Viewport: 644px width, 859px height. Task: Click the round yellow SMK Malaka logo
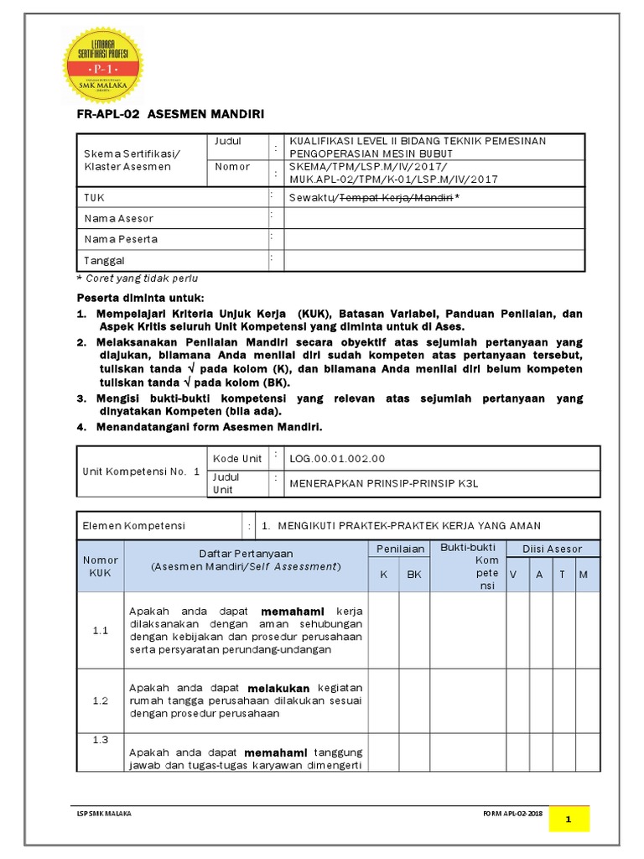coord(104,65)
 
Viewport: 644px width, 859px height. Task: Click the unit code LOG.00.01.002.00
coord(338,459)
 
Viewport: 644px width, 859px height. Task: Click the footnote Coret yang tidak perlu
coord(138,279)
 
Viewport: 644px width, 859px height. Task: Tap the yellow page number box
coord(569,819)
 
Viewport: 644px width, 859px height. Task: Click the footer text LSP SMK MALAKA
coord(104,814)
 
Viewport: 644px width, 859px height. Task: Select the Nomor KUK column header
coord(100,566)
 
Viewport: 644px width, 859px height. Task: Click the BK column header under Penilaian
coord(414,575)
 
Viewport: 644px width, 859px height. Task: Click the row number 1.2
coord(100,700)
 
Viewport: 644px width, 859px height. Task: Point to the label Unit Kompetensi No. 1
coord(142,471)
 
